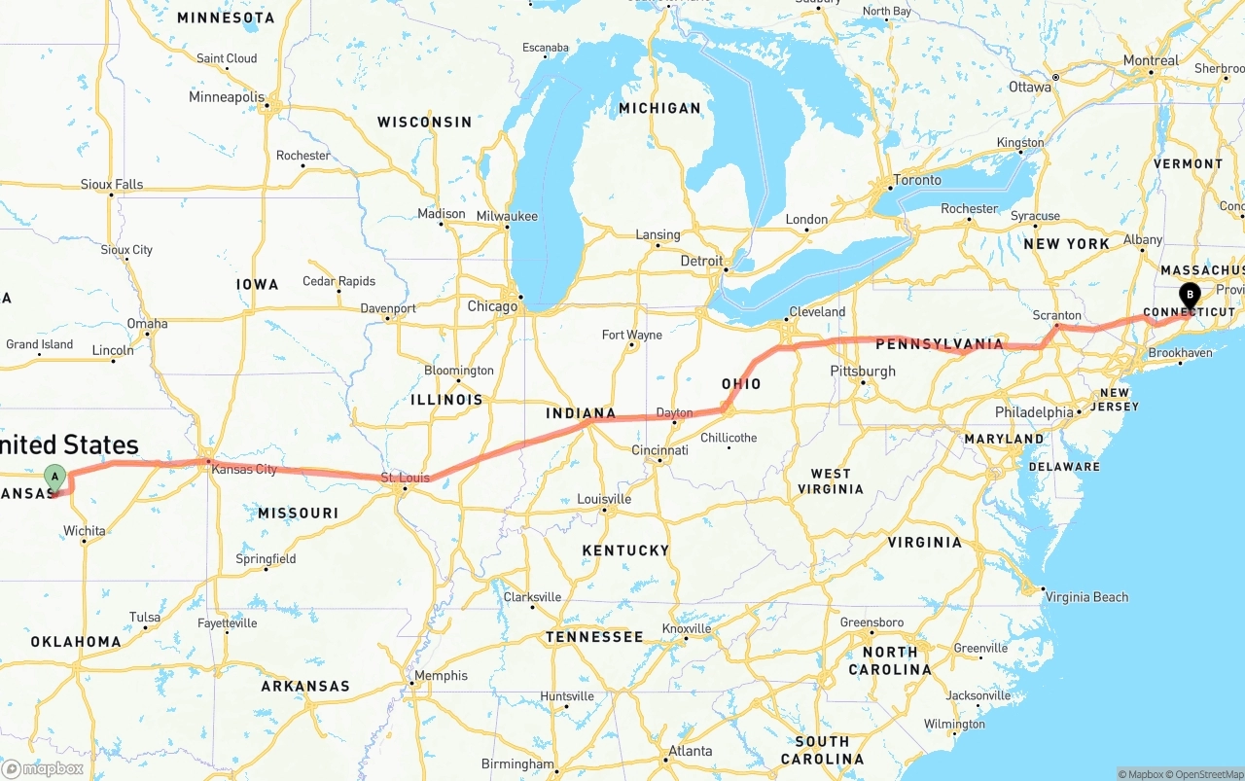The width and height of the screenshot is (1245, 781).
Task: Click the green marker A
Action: [55, 477]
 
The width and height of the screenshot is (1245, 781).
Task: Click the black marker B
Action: [1190, 295]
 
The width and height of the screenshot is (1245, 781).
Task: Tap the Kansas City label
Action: [244, 470]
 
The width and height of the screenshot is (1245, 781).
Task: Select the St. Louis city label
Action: [405, 478]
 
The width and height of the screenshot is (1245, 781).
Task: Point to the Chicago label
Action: [492, 306]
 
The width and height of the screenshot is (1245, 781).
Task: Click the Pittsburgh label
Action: [863, 372]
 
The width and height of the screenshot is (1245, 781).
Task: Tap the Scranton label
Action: [1056, 315]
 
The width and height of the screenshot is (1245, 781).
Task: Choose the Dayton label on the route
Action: [674, 413]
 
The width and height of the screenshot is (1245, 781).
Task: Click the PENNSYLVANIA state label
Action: [939, 343]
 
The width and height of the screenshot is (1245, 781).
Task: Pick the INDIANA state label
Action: [581, 413]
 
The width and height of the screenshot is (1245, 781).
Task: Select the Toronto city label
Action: [916, 180]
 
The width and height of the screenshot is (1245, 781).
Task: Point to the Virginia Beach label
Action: [1086, 597]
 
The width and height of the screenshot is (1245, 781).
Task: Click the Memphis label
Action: [441, 676]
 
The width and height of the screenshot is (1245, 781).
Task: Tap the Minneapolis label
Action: [226, 97]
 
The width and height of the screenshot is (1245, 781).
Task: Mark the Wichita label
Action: [84, 531]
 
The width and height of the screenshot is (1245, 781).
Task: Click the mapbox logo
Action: [44, 768]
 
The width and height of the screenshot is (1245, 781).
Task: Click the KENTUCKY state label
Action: [625, 550]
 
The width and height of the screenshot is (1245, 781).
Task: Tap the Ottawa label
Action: [1029, 87]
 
